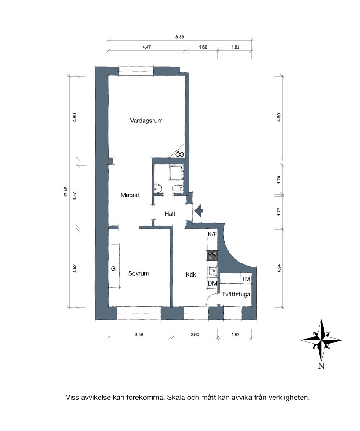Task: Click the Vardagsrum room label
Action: [146, 121]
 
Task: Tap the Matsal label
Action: [130, 195]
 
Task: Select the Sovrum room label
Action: [139, 273]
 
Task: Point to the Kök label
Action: [191, 274]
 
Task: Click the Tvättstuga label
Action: [236, 295]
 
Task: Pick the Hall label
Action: [170, 214]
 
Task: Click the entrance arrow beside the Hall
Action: [199, 211]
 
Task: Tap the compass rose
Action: [321, 340]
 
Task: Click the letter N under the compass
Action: [321, 366]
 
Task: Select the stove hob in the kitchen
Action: [212, 255]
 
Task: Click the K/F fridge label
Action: [212, 235]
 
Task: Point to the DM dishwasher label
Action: [212, 283]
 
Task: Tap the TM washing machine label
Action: [246, 279]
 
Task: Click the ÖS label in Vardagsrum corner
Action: [180, 154]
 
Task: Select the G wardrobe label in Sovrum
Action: [113, 268]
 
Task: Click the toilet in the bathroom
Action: [178, 188]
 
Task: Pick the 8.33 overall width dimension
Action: [180, 37]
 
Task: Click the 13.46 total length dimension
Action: [66, 191]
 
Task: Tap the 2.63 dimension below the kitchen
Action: [194, 335]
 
